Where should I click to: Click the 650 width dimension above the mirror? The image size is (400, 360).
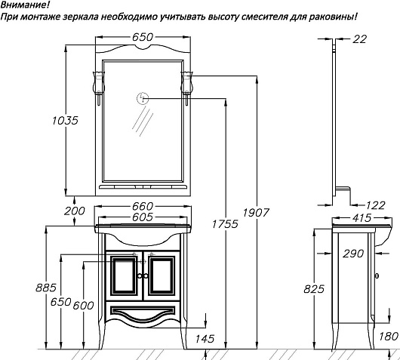tap(143, 37)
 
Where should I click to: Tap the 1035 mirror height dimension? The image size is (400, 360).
tap(65, 121)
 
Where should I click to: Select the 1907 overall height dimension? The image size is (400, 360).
tap(256, 213)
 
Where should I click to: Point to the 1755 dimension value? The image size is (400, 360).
tap(225, 223)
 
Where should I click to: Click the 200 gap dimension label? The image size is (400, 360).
tap(74, 211)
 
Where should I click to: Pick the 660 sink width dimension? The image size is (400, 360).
tap(143, 206)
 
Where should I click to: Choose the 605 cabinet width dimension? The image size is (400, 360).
tap(143, 217)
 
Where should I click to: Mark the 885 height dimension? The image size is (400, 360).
tap(46, 288)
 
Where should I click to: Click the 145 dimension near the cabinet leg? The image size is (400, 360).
tap(205, 339)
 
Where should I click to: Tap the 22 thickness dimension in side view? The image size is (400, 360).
tap(359, 39)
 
